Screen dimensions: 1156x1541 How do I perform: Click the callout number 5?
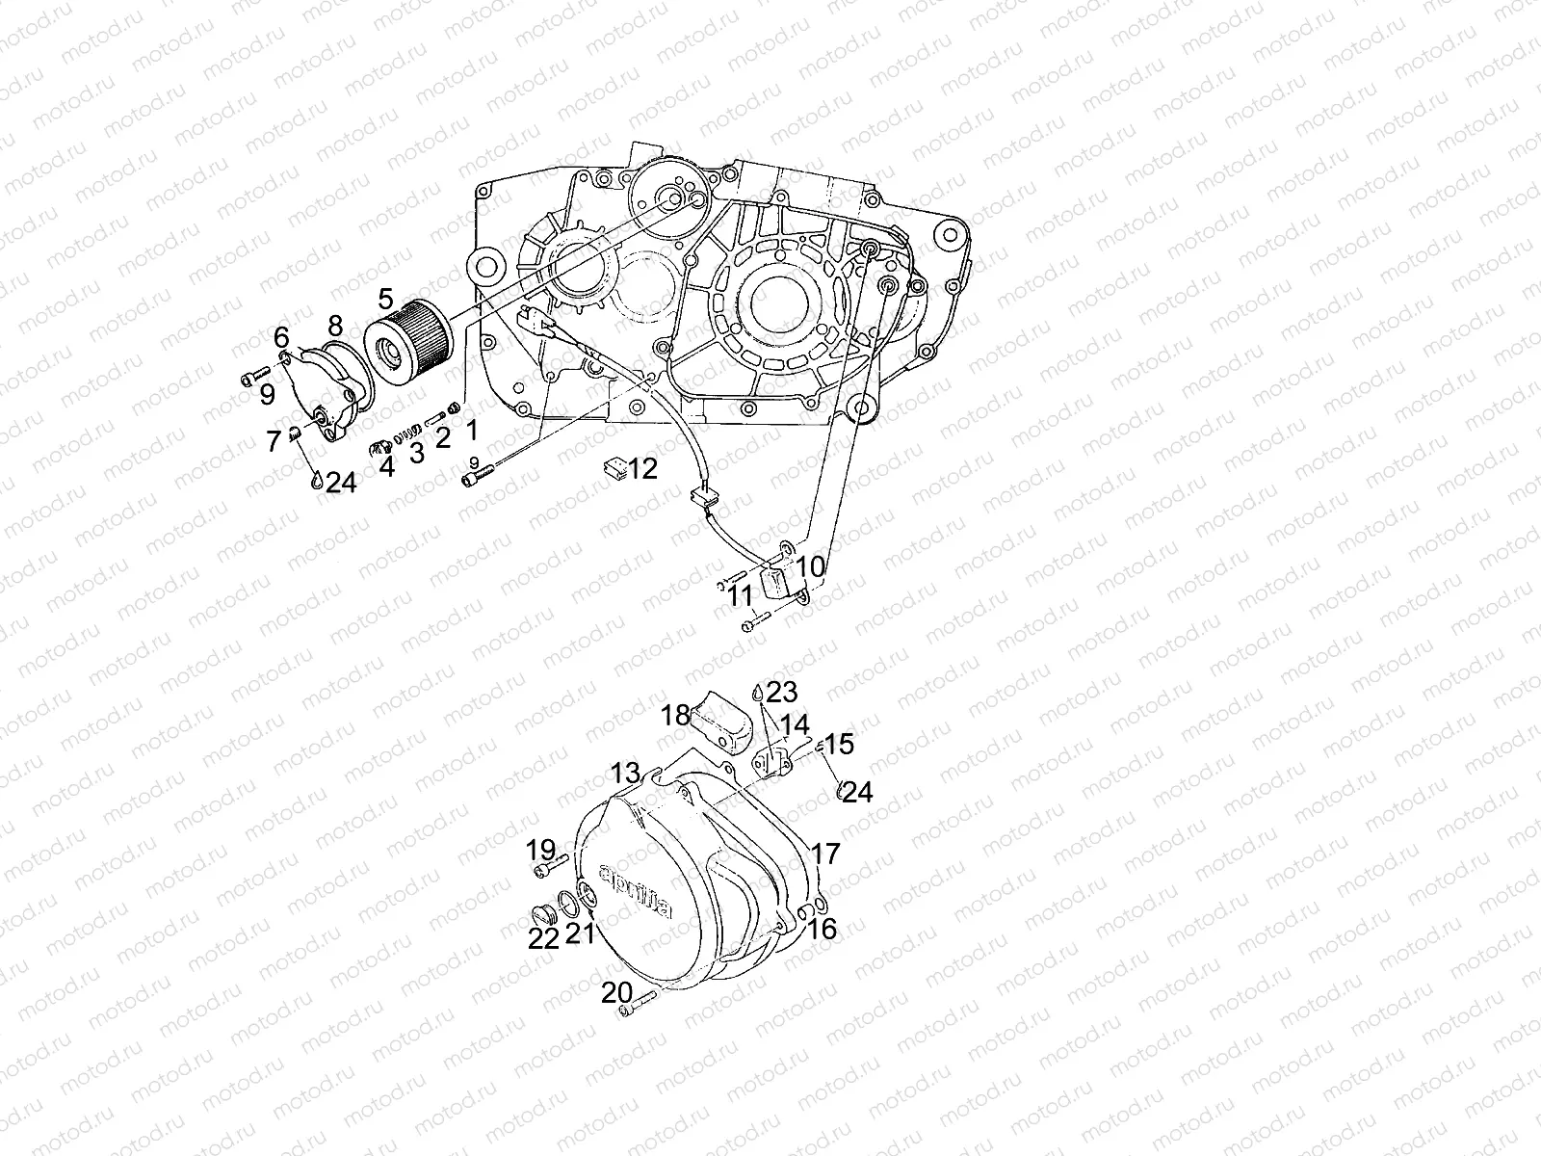[386, 297]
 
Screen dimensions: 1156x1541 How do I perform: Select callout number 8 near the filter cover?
[334, 323]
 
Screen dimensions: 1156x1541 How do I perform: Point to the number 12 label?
[642, 469]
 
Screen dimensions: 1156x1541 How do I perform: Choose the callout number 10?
[811, 566]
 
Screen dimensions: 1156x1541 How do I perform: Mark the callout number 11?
[740, 596]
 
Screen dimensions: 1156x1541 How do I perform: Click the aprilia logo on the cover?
[635, 890]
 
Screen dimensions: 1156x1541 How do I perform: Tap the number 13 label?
[625, 773]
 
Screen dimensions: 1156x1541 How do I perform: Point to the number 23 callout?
[783, 691]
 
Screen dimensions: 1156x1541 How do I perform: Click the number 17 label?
[826, 854]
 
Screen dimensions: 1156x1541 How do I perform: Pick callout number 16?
[823, 929]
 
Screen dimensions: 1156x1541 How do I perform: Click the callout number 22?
[544, 939]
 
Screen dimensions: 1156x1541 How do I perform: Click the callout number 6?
[281, 337]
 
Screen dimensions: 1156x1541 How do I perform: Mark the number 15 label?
[839, 744]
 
